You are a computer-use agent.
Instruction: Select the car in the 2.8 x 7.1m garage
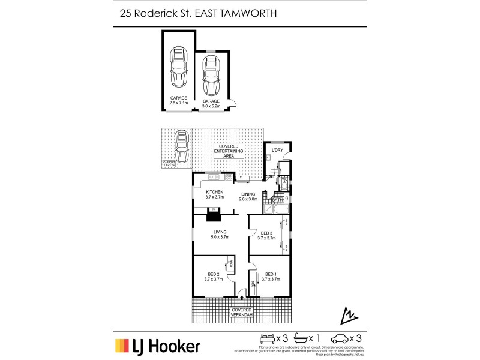pyautogui.click(x=179, y=68)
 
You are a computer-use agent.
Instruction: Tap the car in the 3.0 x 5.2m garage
pyautogui.click(x=211, y=75)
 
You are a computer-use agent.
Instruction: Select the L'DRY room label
pyautogui.click(x=278, y=149)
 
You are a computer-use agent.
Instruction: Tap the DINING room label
pyautogui.click(x=249, y=197)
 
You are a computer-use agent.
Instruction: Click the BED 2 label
pyautogui.click(x=214, y=275)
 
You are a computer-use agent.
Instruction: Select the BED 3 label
pyautogui.click(x=266, y=235)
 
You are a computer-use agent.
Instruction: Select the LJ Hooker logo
pyautogui.click(x=157, y=346)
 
